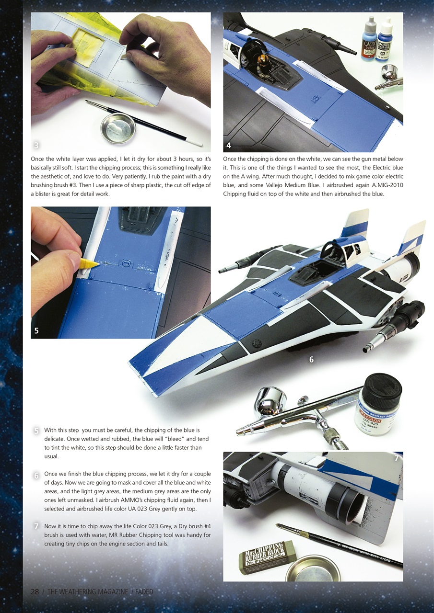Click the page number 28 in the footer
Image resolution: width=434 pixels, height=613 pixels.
[35, 592]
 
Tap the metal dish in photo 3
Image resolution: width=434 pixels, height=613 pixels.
[118, 127]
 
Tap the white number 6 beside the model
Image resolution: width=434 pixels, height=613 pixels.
[311, 360]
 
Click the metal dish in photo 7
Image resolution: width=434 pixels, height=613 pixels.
[312, 569]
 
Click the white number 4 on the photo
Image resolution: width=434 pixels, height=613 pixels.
[229, 145]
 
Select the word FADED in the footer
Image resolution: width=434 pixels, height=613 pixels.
[144, 592]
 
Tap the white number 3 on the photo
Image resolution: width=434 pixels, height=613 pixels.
[36, 145]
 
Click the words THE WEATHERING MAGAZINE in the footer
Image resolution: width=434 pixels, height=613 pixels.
[88, 592]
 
